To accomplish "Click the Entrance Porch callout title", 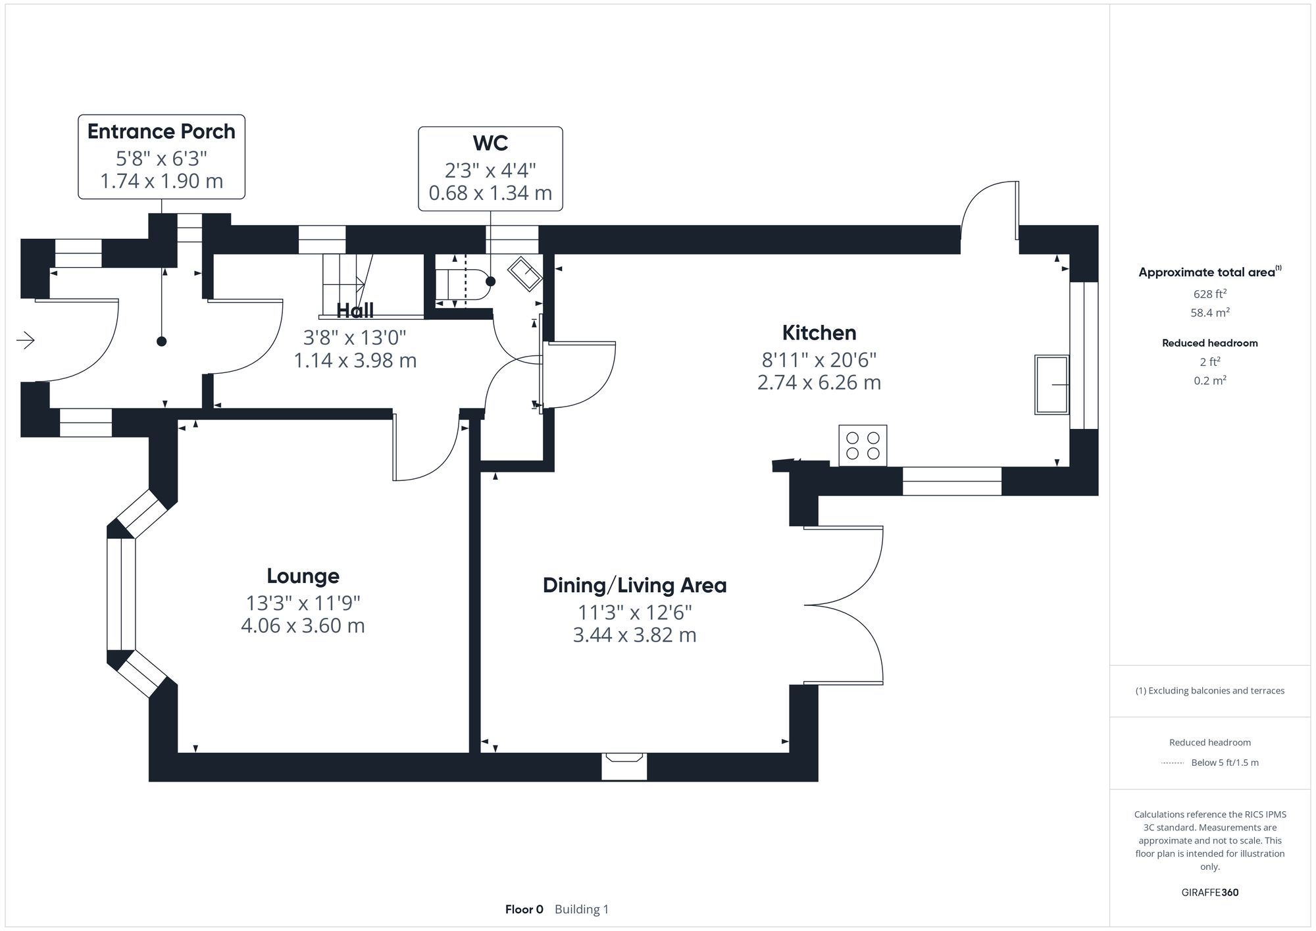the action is (x=161, y=132).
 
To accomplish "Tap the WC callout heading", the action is (x=490, y=143).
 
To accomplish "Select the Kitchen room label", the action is (x=819, y=333).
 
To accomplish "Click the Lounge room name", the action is (x=303, y=576).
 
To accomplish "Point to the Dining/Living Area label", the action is (x=634, y=585).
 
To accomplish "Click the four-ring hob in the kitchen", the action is (x=863, y=445).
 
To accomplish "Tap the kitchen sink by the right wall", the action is (x=1051, y=384).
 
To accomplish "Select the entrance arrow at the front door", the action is (x=25, y=340).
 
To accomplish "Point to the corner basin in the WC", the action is (x=525, y=273).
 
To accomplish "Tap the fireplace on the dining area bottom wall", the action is (x=624, y=767).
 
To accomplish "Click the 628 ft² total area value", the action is (x=1210, y=294).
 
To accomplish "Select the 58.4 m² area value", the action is (x=1210, y=313).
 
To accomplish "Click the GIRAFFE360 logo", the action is (x=1210, y=892).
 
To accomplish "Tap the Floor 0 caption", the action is (x=524, y=909).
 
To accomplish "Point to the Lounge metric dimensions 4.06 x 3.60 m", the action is (x=303, y=625).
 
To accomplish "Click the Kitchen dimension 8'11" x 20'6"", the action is (x=819, y=360).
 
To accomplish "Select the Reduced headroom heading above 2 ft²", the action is (x=1210, y=343).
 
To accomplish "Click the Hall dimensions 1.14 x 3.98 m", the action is (x=355, y=361).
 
